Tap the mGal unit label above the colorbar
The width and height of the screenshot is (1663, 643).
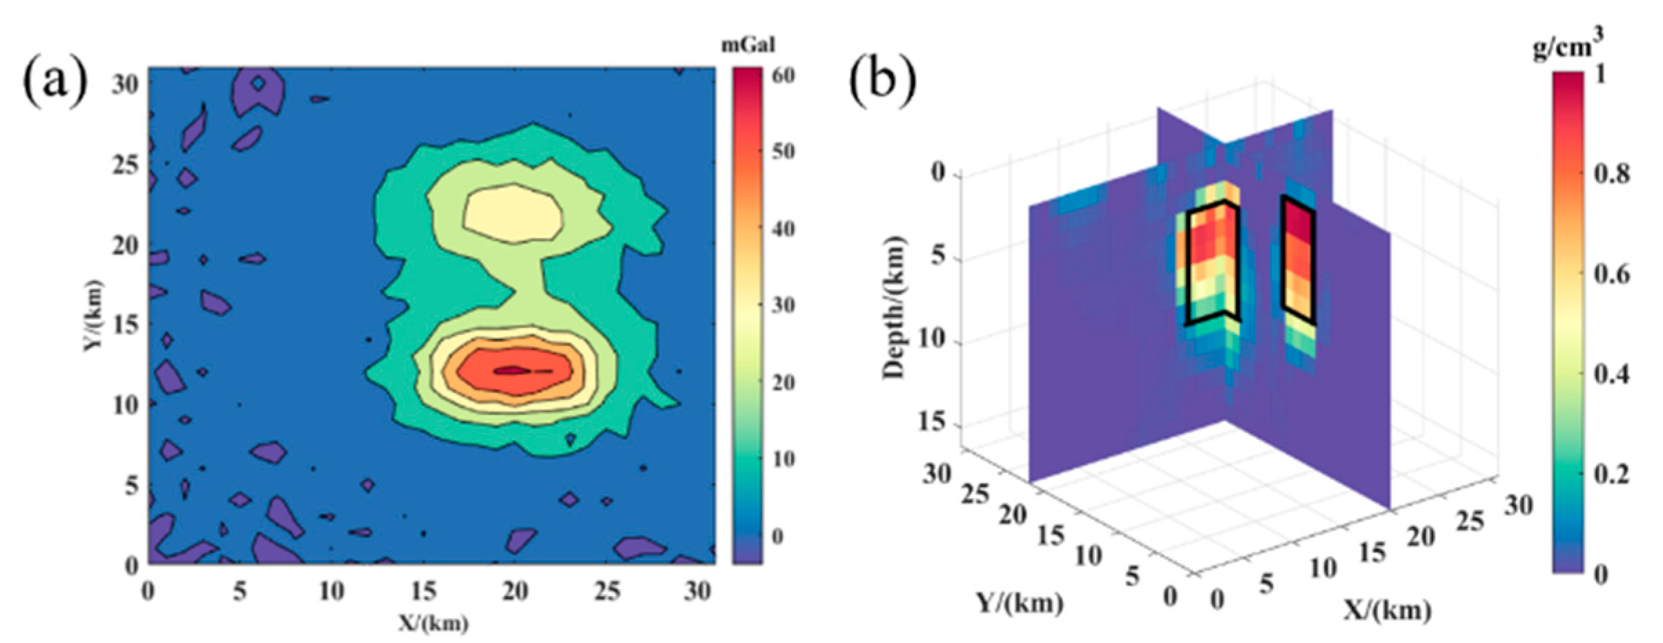coord(748,46)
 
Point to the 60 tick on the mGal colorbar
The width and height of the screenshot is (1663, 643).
coord(783,75)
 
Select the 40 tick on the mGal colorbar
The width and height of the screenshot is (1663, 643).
coord(783,229)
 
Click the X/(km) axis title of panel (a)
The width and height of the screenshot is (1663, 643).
coord(433,623)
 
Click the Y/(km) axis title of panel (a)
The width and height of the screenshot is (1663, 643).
coord(94,316)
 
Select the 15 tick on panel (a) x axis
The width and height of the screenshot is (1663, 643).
coord(423,591)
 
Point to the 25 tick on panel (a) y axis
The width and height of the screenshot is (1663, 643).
coord(125,165)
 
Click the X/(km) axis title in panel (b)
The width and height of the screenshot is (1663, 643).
coord(1388,609)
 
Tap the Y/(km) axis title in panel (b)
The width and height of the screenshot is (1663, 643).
coord(1020,602)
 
